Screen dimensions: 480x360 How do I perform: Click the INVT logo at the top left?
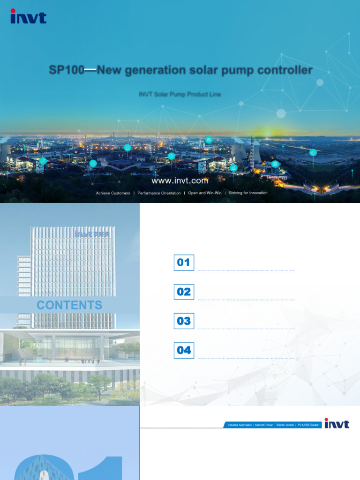29,17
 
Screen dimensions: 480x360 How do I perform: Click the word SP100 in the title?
67,71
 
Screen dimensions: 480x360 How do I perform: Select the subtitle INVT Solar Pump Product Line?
180,94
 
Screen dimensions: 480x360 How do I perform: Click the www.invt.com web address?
180,180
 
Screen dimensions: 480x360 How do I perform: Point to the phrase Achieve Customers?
113,193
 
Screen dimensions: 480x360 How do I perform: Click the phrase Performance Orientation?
159,193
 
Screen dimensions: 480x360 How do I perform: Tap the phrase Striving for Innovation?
248,193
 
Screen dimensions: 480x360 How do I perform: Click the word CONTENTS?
69,305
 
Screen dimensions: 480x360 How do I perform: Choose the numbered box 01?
184,262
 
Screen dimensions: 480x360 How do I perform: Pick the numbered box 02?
184,292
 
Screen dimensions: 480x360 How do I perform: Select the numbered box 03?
184,321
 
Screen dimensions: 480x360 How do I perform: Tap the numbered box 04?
184,350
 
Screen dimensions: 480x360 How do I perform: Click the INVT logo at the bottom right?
337,424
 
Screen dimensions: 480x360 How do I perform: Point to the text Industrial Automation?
240,425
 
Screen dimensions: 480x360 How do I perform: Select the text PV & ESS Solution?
307,425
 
